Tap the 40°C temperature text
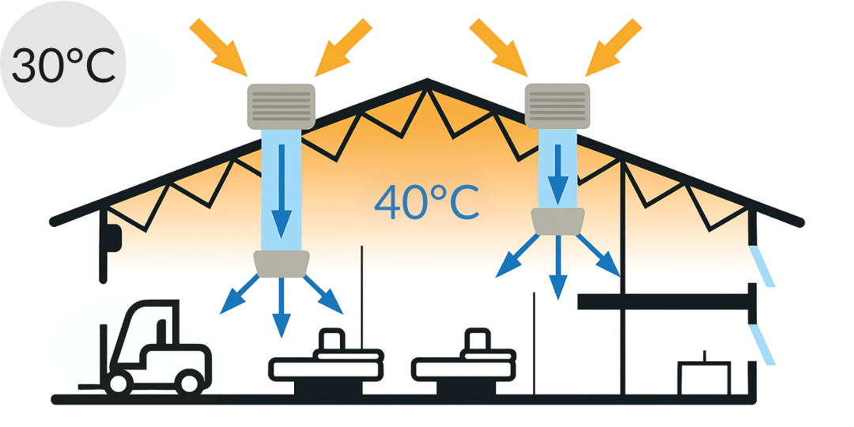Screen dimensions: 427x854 pyautogui.click(x=427, y=202)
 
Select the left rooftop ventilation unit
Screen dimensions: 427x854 pyautogui.click(x=282, y=105)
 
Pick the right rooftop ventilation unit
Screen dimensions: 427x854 pyautogui.click(x=557, y=105)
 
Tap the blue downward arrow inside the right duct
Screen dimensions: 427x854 pyautogui.click(x=561, y=170)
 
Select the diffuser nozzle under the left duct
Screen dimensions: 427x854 pyautogui.click(x=281, y=263)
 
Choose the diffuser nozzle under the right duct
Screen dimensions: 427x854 pyautogui.click(x=558, y=221)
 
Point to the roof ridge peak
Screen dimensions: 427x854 pyautogui.click(x=427, y=81)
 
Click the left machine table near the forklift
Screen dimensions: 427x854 pyautogui.click(x=326, y=366)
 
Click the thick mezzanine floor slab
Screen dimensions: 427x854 pyautogui.click(x=664, y=300)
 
